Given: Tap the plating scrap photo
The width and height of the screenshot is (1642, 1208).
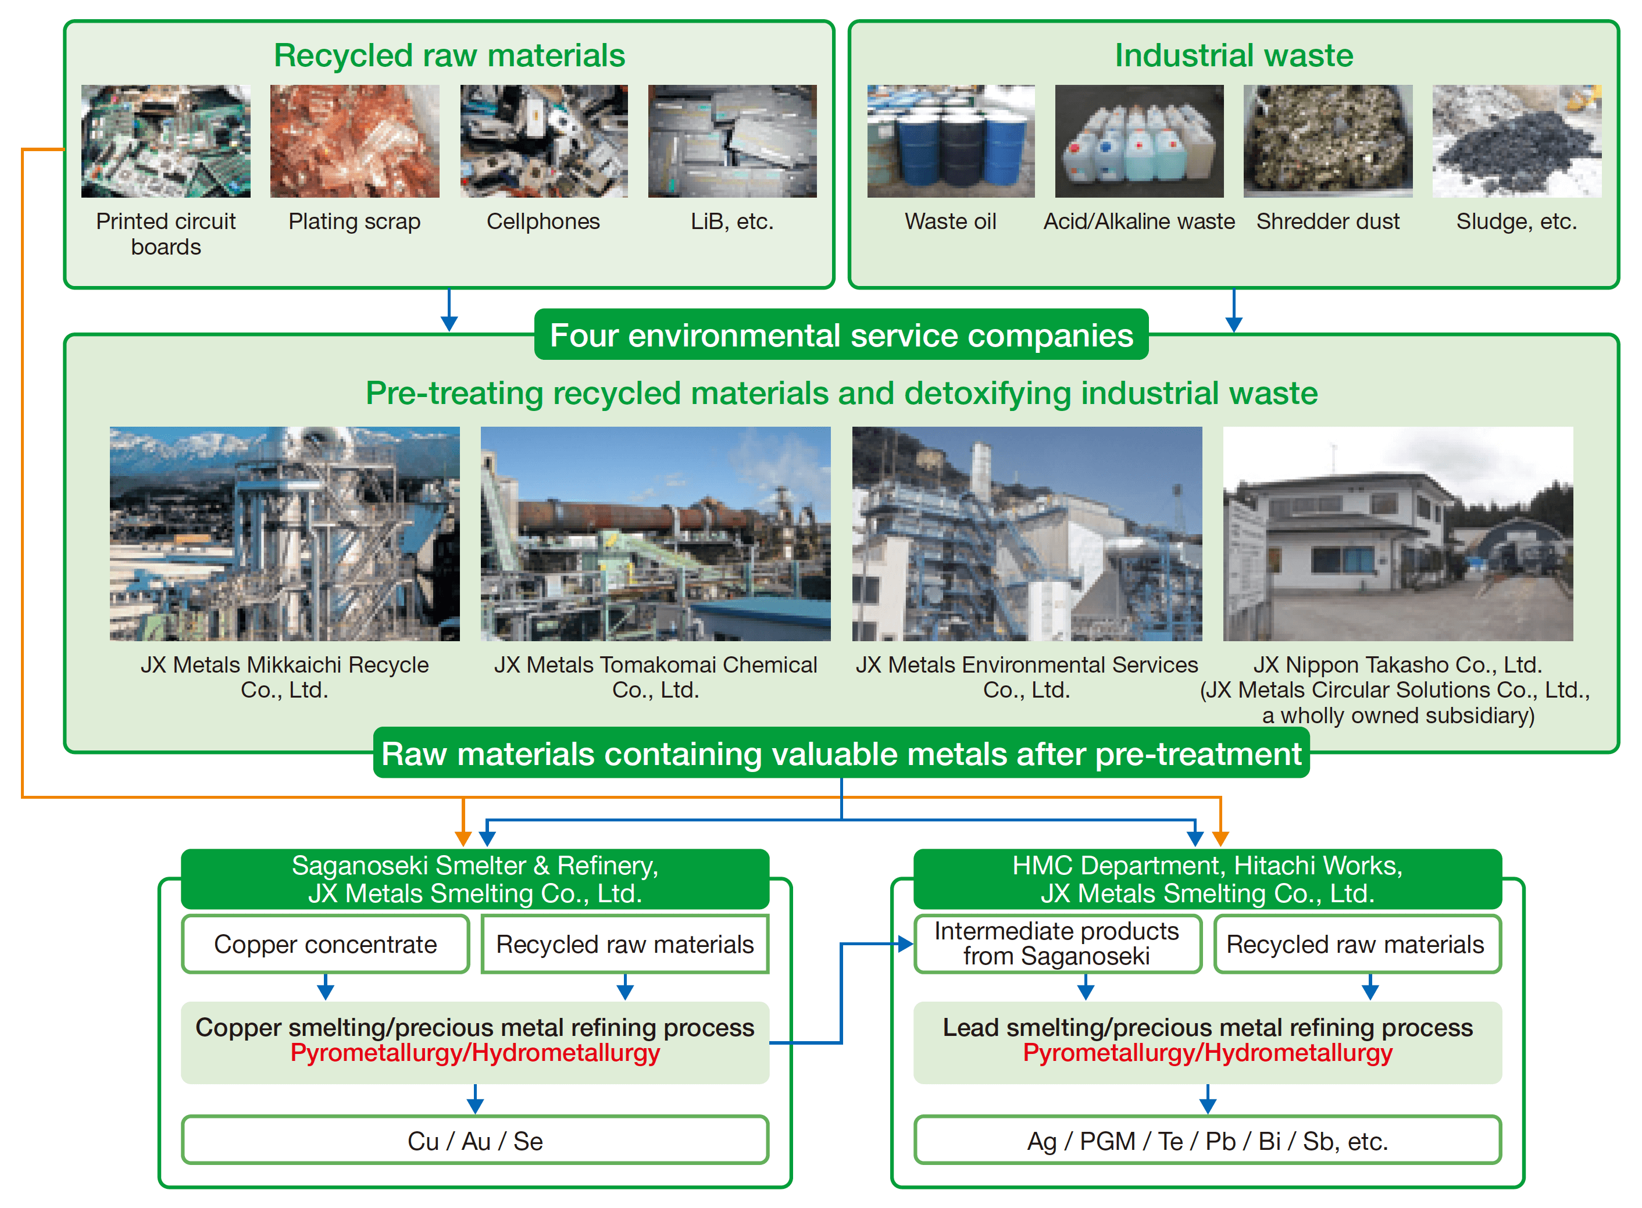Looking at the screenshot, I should (x=354, y=141).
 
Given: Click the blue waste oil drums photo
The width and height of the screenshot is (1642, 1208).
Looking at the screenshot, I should (x=950, y=141).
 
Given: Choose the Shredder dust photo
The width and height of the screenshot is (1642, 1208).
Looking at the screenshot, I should (x=1327, y=141).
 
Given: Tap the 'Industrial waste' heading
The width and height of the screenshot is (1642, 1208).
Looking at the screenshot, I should (x=1233, y=56).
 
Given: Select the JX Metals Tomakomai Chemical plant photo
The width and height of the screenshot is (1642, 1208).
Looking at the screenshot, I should (x=655, y=534).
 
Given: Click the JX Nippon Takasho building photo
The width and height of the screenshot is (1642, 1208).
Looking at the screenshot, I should (x=1397, y=534).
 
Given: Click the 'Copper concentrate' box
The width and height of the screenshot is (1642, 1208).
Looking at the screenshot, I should (x=325, y=944).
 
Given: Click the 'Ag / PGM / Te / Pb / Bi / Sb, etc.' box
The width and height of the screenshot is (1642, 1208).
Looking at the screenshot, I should (x=1207, y=1141).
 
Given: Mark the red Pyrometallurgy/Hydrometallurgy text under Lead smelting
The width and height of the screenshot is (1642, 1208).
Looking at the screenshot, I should (x=1207, y=1053).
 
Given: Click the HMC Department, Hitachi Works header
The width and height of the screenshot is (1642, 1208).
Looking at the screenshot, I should (x=1207, y=879).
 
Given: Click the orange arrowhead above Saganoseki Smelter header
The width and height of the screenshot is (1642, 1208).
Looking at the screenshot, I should (x=462, y=837).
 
